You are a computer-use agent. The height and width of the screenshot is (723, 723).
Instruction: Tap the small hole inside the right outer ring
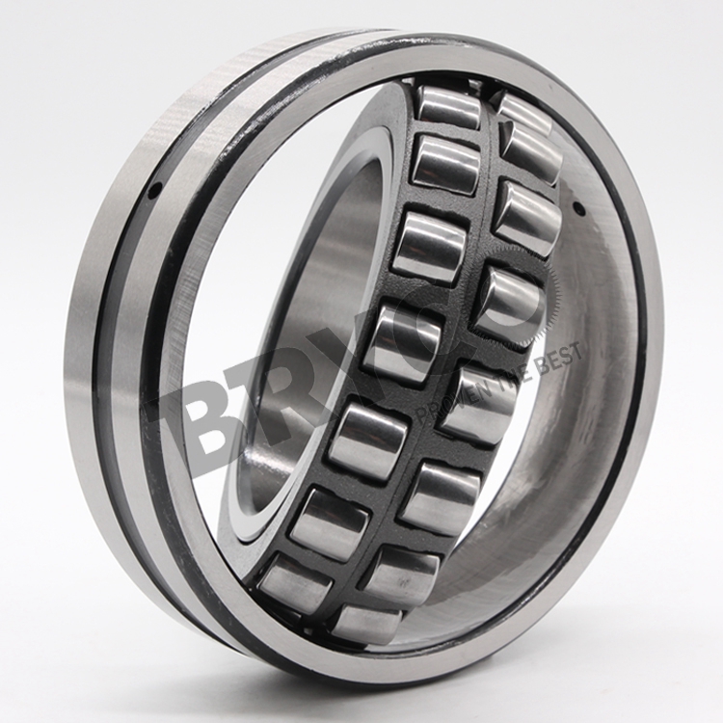578,209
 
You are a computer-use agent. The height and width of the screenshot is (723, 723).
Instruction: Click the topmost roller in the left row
449,106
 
